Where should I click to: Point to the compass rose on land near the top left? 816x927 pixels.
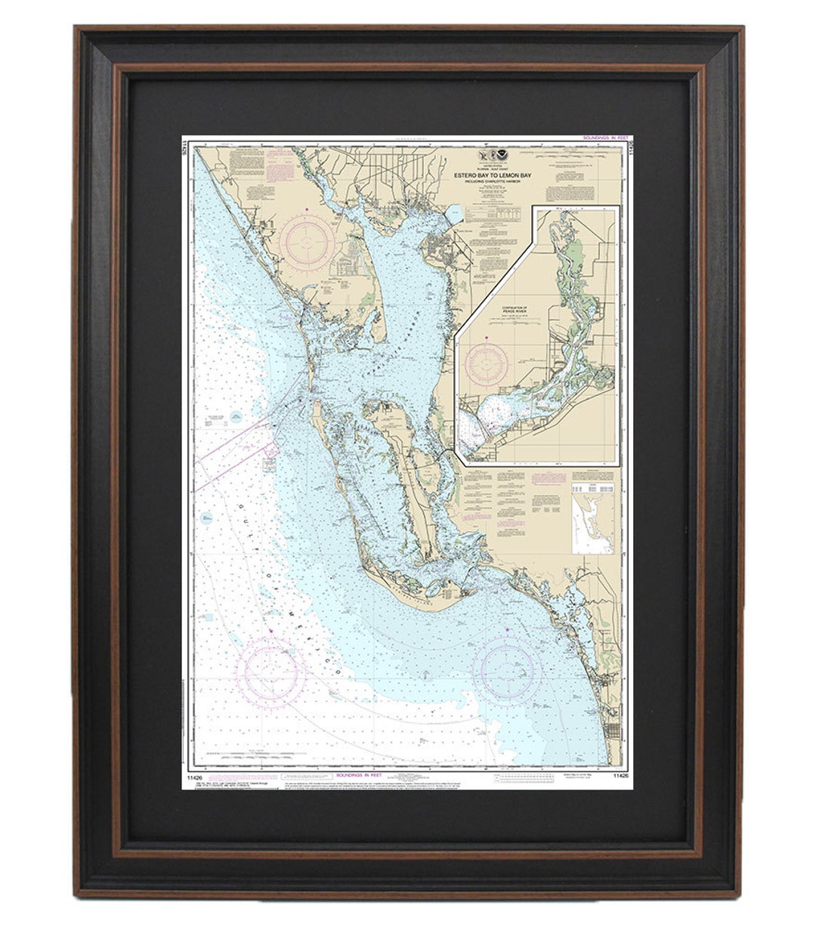307,242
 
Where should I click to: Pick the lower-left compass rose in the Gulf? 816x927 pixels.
270,672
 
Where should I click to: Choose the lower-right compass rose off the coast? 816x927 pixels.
507,672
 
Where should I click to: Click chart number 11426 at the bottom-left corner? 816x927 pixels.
192,775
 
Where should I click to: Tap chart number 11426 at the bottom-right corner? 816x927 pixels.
620,775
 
